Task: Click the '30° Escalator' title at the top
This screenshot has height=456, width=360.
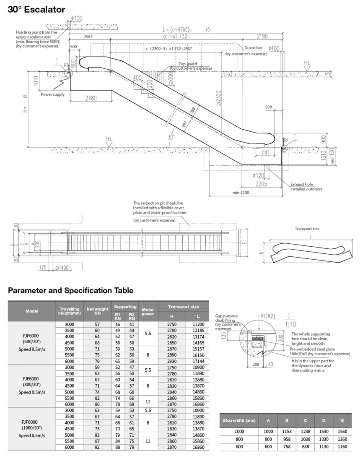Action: (x=36, y=9)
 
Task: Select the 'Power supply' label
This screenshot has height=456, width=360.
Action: (x=53, y=94)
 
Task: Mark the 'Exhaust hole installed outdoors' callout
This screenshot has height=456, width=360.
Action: (x=306, y=187)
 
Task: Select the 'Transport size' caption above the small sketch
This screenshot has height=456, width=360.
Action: (x=308, y=229)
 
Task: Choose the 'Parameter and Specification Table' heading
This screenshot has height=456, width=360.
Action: (x=71, y=290)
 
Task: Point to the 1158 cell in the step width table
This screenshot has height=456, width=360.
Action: (x=287, y=431)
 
